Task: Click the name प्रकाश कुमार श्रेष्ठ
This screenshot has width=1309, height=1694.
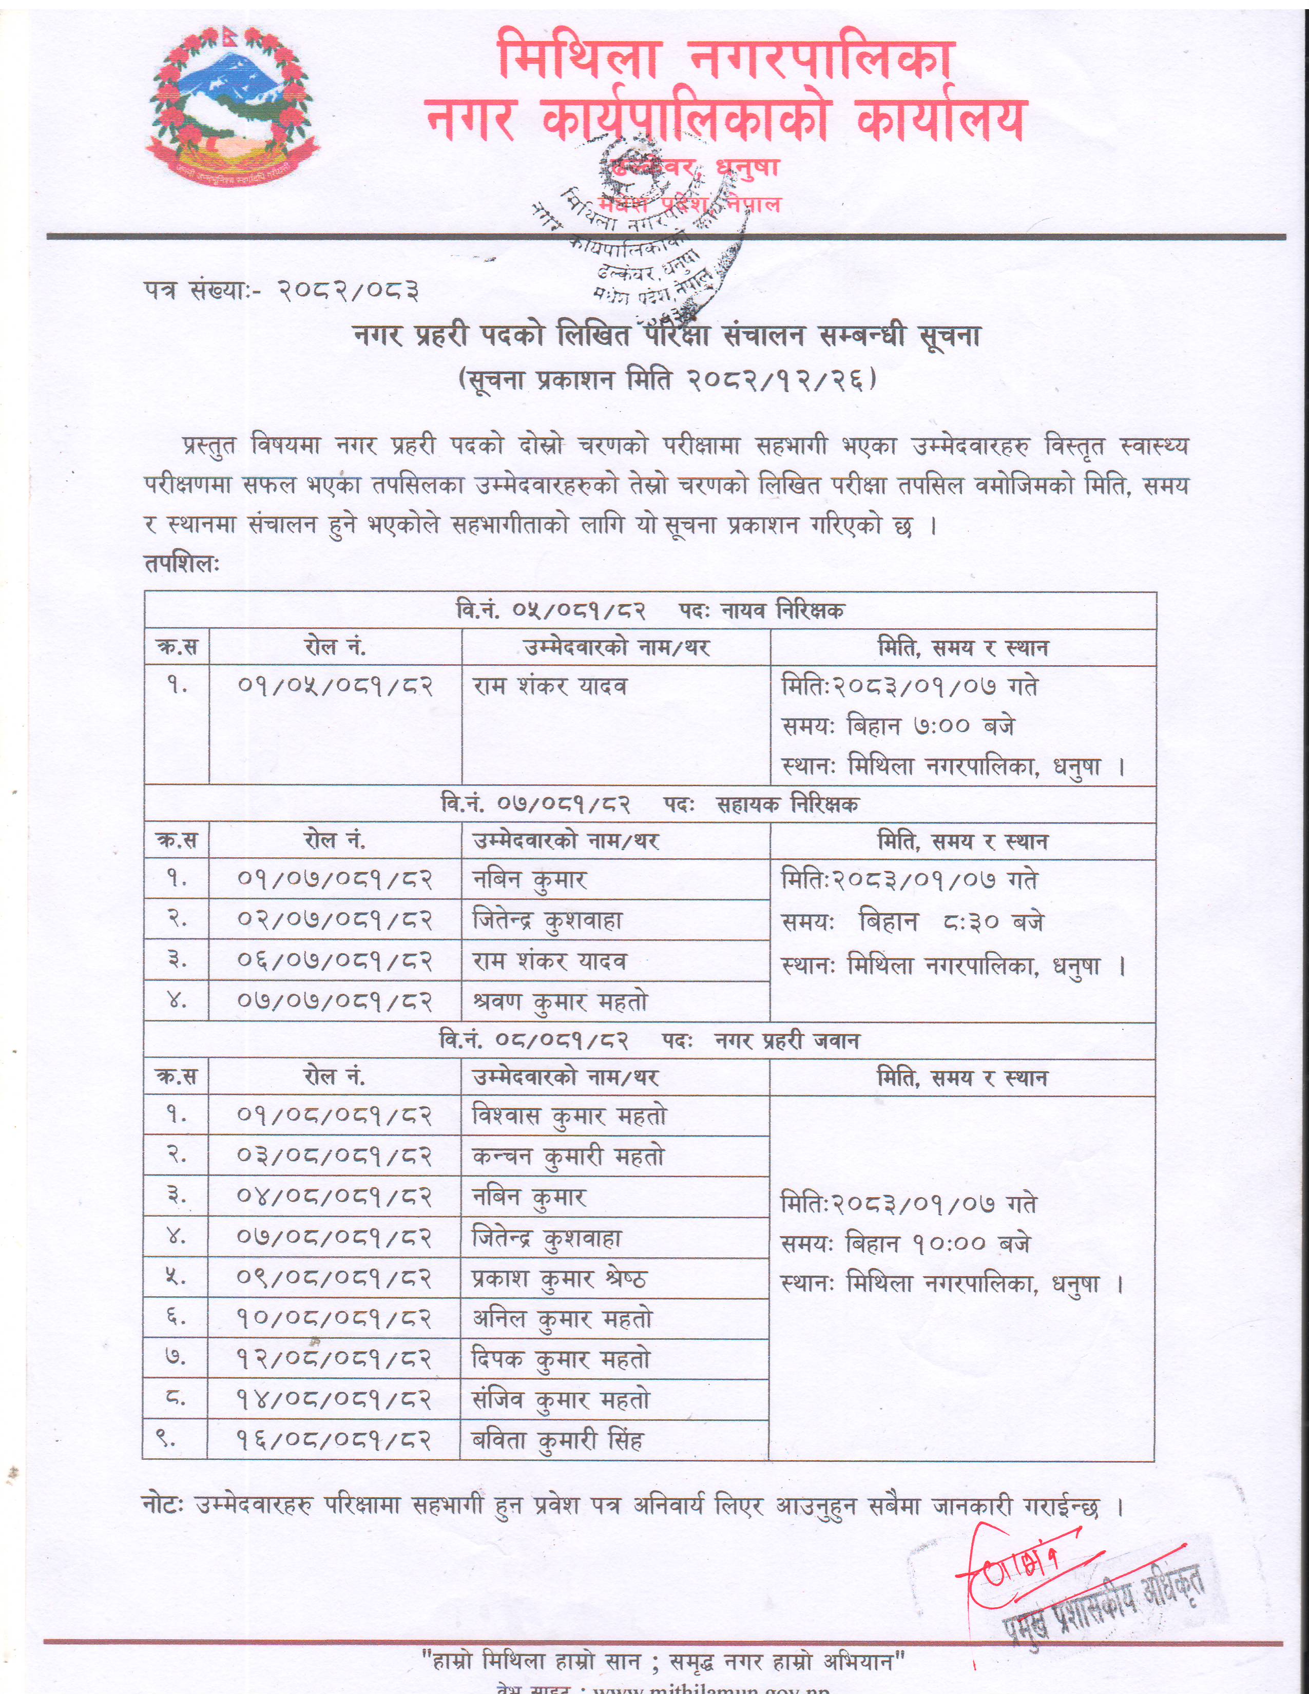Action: pos(559,1279)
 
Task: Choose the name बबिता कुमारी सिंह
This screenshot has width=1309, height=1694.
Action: pos(557,1441)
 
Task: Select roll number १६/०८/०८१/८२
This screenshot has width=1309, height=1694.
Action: pos(334,1441)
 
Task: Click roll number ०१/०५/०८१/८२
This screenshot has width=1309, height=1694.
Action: pos(334,686)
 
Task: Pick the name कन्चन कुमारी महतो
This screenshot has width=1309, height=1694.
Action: pos(568,1157)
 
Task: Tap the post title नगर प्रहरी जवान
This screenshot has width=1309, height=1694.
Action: pos(786,1041)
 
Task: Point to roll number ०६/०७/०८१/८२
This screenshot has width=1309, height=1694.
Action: pos(334,962)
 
